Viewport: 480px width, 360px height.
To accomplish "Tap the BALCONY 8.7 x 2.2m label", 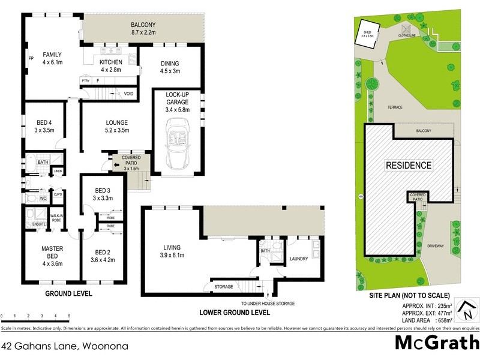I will tap(143, 28).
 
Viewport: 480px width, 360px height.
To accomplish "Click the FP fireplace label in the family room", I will tap(31, 59).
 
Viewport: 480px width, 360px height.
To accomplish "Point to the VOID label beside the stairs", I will tap(128, 94).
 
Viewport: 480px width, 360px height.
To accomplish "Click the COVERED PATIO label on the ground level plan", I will tap(131, 160).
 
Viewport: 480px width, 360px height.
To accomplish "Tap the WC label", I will tap(43, 197).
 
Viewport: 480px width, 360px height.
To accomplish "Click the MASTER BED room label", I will tap(52, 252).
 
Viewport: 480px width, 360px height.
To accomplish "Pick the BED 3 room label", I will tap(103, 194).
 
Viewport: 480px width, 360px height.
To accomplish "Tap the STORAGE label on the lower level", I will tap(224, 287).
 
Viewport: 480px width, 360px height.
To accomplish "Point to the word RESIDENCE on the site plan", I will tap(408, 166).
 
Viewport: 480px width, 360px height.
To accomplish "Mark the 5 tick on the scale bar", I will tap(69, 315).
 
